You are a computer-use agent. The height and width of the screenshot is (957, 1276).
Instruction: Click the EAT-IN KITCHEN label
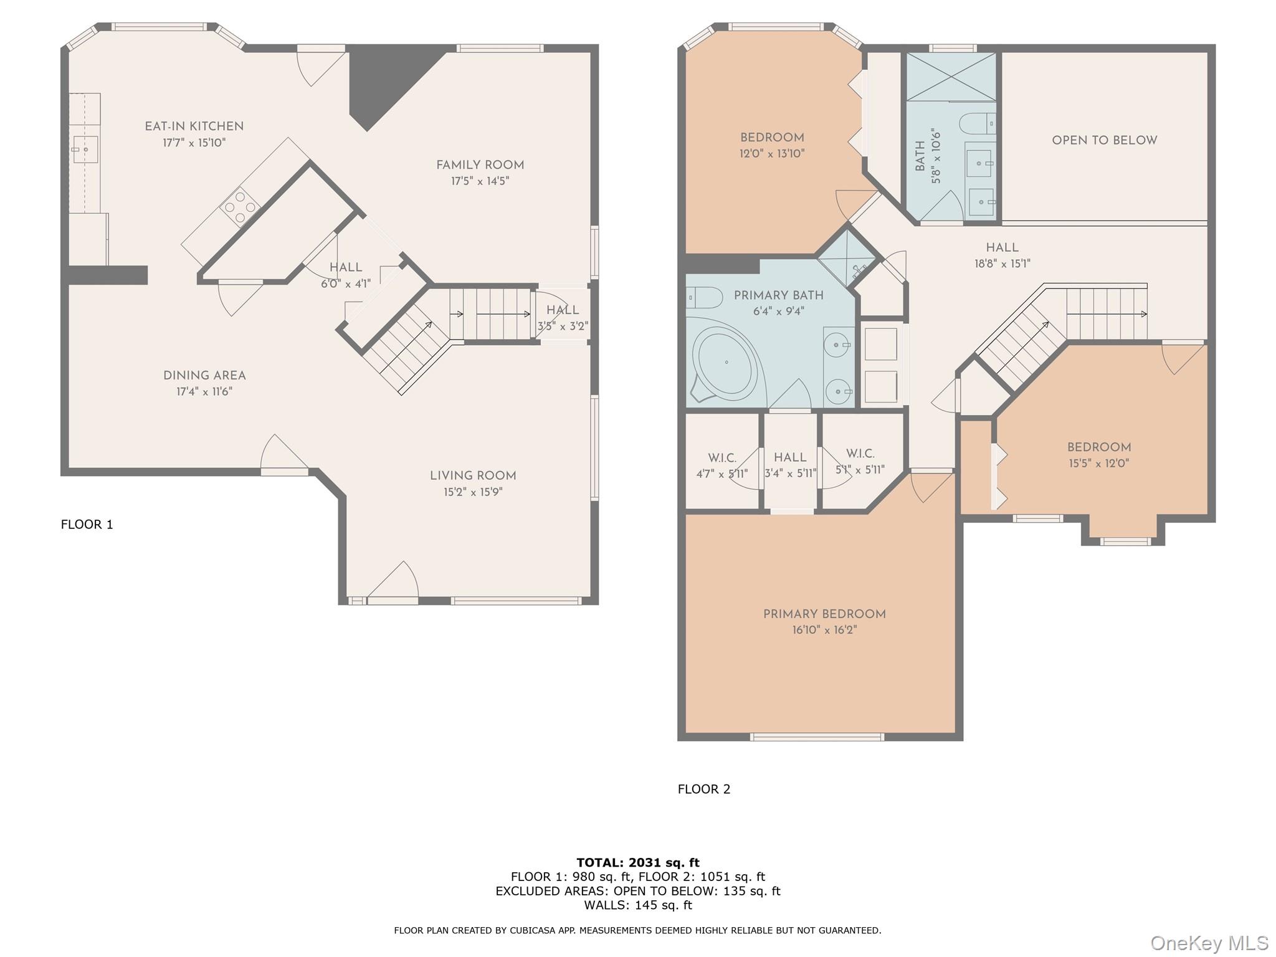(194, 126)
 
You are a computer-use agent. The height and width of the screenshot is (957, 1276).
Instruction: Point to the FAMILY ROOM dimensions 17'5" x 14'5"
(480, 181)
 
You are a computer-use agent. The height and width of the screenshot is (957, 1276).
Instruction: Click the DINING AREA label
(204, 376)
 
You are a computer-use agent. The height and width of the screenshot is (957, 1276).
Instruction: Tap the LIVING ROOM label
(473, 476)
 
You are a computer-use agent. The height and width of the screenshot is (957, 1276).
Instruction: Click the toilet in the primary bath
(704, 298)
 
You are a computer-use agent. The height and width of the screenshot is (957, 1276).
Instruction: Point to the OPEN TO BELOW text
(1104, 141)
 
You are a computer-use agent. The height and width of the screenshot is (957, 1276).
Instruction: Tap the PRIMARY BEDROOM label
(824, 614)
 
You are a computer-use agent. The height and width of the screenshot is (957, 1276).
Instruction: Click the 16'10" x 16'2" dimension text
(824, 631)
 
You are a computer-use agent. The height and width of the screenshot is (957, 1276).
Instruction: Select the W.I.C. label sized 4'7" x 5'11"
(721, 458)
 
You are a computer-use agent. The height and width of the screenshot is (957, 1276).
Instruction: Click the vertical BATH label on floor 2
(920, 156)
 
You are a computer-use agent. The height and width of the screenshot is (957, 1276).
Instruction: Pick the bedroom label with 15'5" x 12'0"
(1098, 447)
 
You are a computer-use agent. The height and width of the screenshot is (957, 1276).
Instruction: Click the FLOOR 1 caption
(87, 525)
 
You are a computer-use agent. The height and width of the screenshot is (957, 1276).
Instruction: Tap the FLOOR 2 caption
(703, 789)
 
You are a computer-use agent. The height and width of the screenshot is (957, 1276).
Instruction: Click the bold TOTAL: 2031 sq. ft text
(637, 863)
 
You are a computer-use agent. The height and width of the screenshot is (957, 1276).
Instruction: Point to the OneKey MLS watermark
(1209, 943)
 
